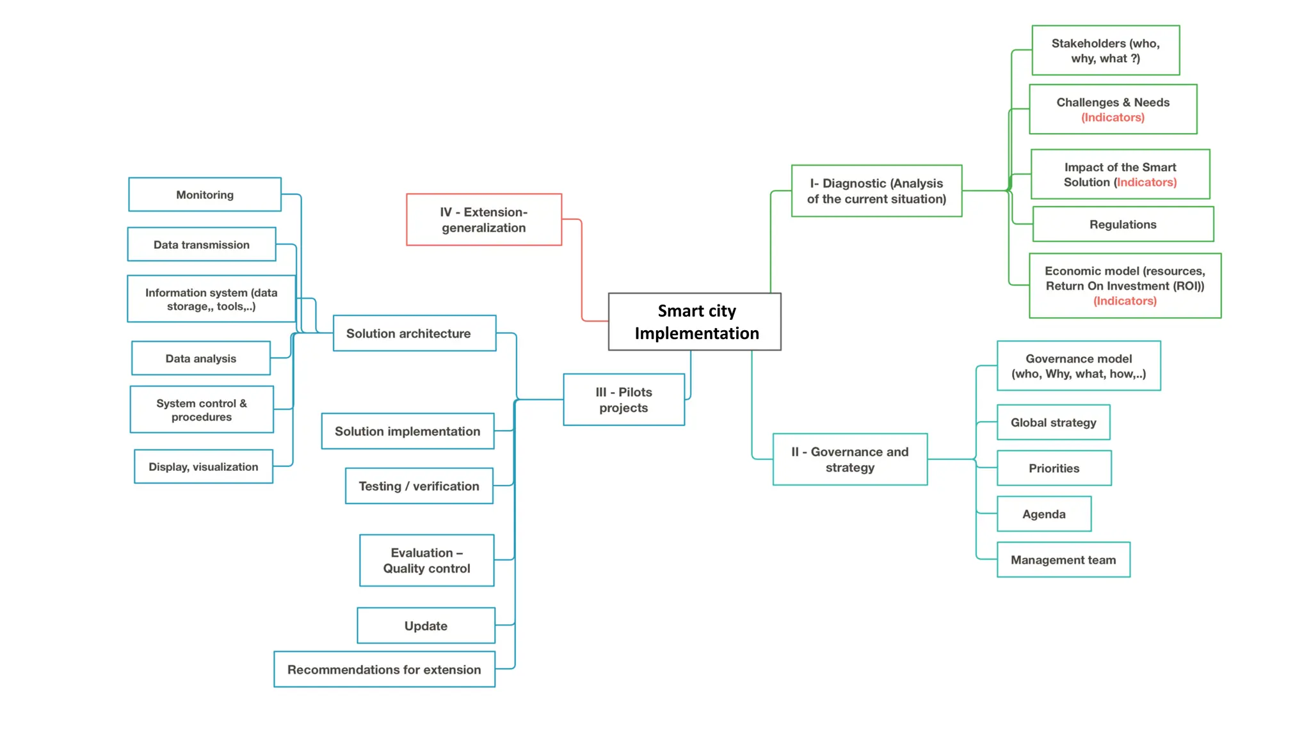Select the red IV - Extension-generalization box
tap(484, 219)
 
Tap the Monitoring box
tap(205, 194)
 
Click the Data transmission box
tap(202, 244)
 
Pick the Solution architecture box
tap(414, 333)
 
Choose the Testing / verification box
tap(419, 486)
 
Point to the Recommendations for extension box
tap(384, 669)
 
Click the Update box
tap(426, 626)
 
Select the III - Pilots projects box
tap(623, 400)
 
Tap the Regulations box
tap(1123, 225)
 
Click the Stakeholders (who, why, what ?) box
tap(1106, 51)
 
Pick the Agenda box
tap(1044, 514)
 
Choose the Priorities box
tap(1054, 468)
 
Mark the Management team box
tap(1063, 560)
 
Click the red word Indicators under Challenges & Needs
tap(1113, 118)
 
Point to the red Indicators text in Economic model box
tap(1125, 301)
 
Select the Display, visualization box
tap(204, 467)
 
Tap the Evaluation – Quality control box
tap(426, 560)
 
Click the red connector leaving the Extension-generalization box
tap(581, 269)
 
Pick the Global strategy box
tap(1053, 422)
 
